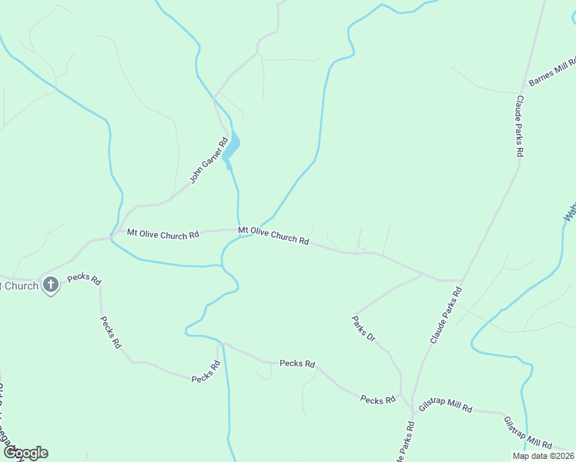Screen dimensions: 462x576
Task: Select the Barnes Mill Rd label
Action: pos(552,74)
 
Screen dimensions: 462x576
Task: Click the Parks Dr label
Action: pos(363,328)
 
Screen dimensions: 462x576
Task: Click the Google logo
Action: pos(25,453)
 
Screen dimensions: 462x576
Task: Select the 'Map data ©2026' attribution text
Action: pos(543,456)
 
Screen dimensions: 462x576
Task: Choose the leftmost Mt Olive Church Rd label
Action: pos(163,233)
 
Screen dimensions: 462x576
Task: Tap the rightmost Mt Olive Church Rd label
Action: pos(273,235)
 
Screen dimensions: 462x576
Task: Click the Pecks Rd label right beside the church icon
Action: pos(85,279)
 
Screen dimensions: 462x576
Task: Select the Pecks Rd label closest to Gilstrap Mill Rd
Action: pos(377,400)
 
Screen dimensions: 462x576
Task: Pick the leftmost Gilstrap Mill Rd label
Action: pos(445,406)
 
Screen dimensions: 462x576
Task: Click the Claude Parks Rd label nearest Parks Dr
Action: pos(446,315)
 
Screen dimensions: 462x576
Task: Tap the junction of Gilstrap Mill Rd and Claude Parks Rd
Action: pos(414,410)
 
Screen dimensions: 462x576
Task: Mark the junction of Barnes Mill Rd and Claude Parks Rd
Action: pos(524,89)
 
